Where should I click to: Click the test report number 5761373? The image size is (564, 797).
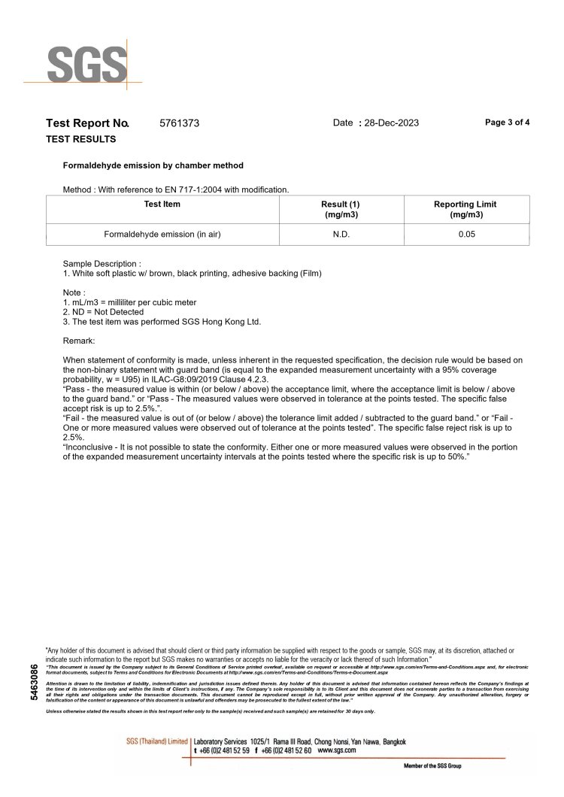pos(180,123)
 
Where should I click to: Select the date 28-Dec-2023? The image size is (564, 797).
pos(391,123)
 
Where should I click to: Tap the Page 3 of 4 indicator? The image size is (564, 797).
pos(508,123)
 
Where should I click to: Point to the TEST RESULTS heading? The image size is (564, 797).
pos(81,139)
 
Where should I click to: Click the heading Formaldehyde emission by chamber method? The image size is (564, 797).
pos(153,165)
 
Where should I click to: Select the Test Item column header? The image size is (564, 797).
pos(162,205)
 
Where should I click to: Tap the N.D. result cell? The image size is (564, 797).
pos(341,235)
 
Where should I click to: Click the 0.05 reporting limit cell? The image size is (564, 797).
pos(465,235)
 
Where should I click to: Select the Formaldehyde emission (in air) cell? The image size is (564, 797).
pos(162,235)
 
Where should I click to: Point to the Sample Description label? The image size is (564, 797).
pos(102,265)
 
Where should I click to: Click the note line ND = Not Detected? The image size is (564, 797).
pos(103,311)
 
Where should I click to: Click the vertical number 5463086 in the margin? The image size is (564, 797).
pos(33,682)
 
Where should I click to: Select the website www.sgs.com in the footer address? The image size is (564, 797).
pos(335,750)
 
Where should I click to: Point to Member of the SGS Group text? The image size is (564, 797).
pos(432,765)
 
